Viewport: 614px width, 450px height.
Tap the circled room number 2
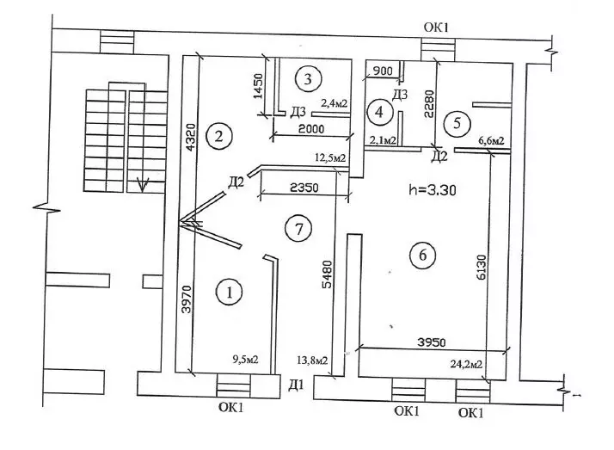[x=221, y=136]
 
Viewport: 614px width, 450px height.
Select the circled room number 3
[x=307, y=79]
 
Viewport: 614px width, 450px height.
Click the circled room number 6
[x=422, y=256]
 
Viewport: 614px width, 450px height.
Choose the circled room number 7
[x=298, y=229]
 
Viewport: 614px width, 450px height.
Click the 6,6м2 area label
[x=489, y=141]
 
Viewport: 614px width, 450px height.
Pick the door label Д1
[x=297, y=383]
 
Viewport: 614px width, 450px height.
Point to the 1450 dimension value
[x=257, y=86]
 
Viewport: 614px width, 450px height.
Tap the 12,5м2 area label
[x=329, y=157]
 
